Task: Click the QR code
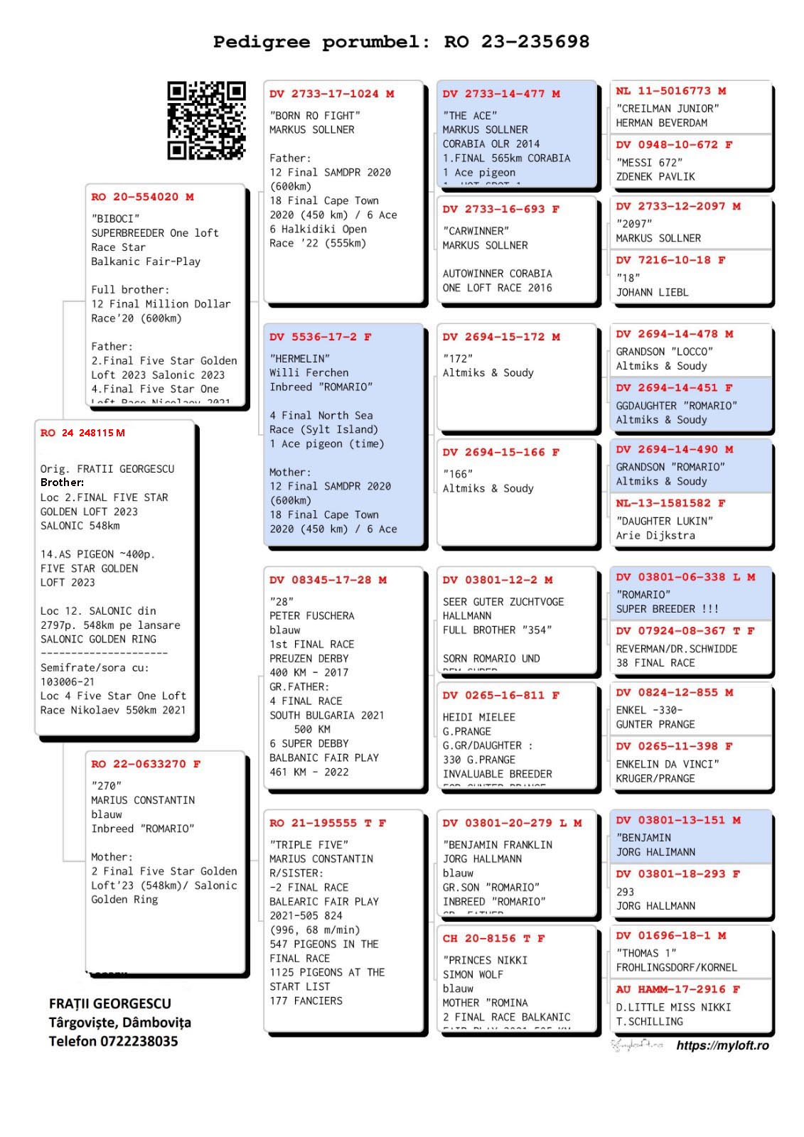coord(206,120)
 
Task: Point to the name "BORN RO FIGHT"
coord(315,115)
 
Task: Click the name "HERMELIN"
coord(299,358)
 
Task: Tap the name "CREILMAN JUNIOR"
coord(668,108)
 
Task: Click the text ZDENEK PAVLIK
coord(655,176)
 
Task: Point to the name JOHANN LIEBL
coord(652,292)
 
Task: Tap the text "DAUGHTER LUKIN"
coord(665,521)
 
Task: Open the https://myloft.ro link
coord(722,1045)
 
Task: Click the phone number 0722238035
coord(139,1041)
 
